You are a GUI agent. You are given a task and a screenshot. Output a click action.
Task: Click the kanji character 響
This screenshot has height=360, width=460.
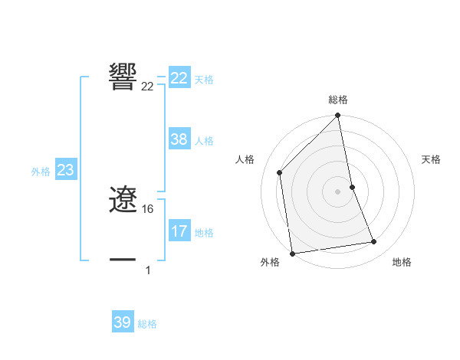123,77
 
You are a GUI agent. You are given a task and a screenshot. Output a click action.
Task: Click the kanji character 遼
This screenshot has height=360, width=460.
123,201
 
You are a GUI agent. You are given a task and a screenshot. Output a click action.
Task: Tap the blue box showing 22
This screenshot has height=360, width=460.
179,78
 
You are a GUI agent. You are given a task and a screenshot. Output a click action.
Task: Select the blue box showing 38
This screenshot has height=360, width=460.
179,139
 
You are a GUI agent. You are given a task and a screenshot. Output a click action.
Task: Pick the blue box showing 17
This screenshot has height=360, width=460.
179,231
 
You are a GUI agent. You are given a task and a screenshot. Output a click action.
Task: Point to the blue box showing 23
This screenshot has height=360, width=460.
65,170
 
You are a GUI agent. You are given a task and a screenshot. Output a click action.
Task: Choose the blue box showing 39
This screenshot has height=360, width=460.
123,322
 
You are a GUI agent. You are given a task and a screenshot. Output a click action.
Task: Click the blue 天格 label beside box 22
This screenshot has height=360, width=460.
203,79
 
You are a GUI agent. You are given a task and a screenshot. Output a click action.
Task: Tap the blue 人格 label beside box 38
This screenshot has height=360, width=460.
203,140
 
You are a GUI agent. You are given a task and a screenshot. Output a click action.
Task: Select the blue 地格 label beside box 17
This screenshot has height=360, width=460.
203,232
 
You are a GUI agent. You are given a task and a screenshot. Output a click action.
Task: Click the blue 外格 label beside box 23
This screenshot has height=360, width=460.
41,172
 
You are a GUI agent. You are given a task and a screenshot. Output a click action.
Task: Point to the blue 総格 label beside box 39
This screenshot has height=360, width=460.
147,324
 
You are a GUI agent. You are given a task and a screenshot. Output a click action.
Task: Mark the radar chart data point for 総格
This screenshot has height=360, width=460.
338,116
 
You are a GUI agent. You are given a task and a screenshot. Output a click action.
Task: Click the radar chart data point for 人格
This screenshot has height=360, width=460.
280,172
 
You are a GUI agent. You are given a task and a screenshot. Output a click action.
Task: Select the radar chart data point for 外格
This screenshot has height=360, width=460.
292,254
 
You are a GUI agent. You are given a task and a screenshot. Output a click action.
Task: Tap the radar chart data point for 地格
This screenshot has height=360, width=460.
374,242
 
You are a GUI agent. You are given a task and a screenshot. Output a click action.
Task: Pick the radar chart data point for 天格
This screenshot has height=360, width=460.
352,187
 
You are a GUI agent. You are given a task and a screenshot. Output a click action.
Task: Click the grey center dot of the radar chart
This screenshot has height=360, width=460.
338,191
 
